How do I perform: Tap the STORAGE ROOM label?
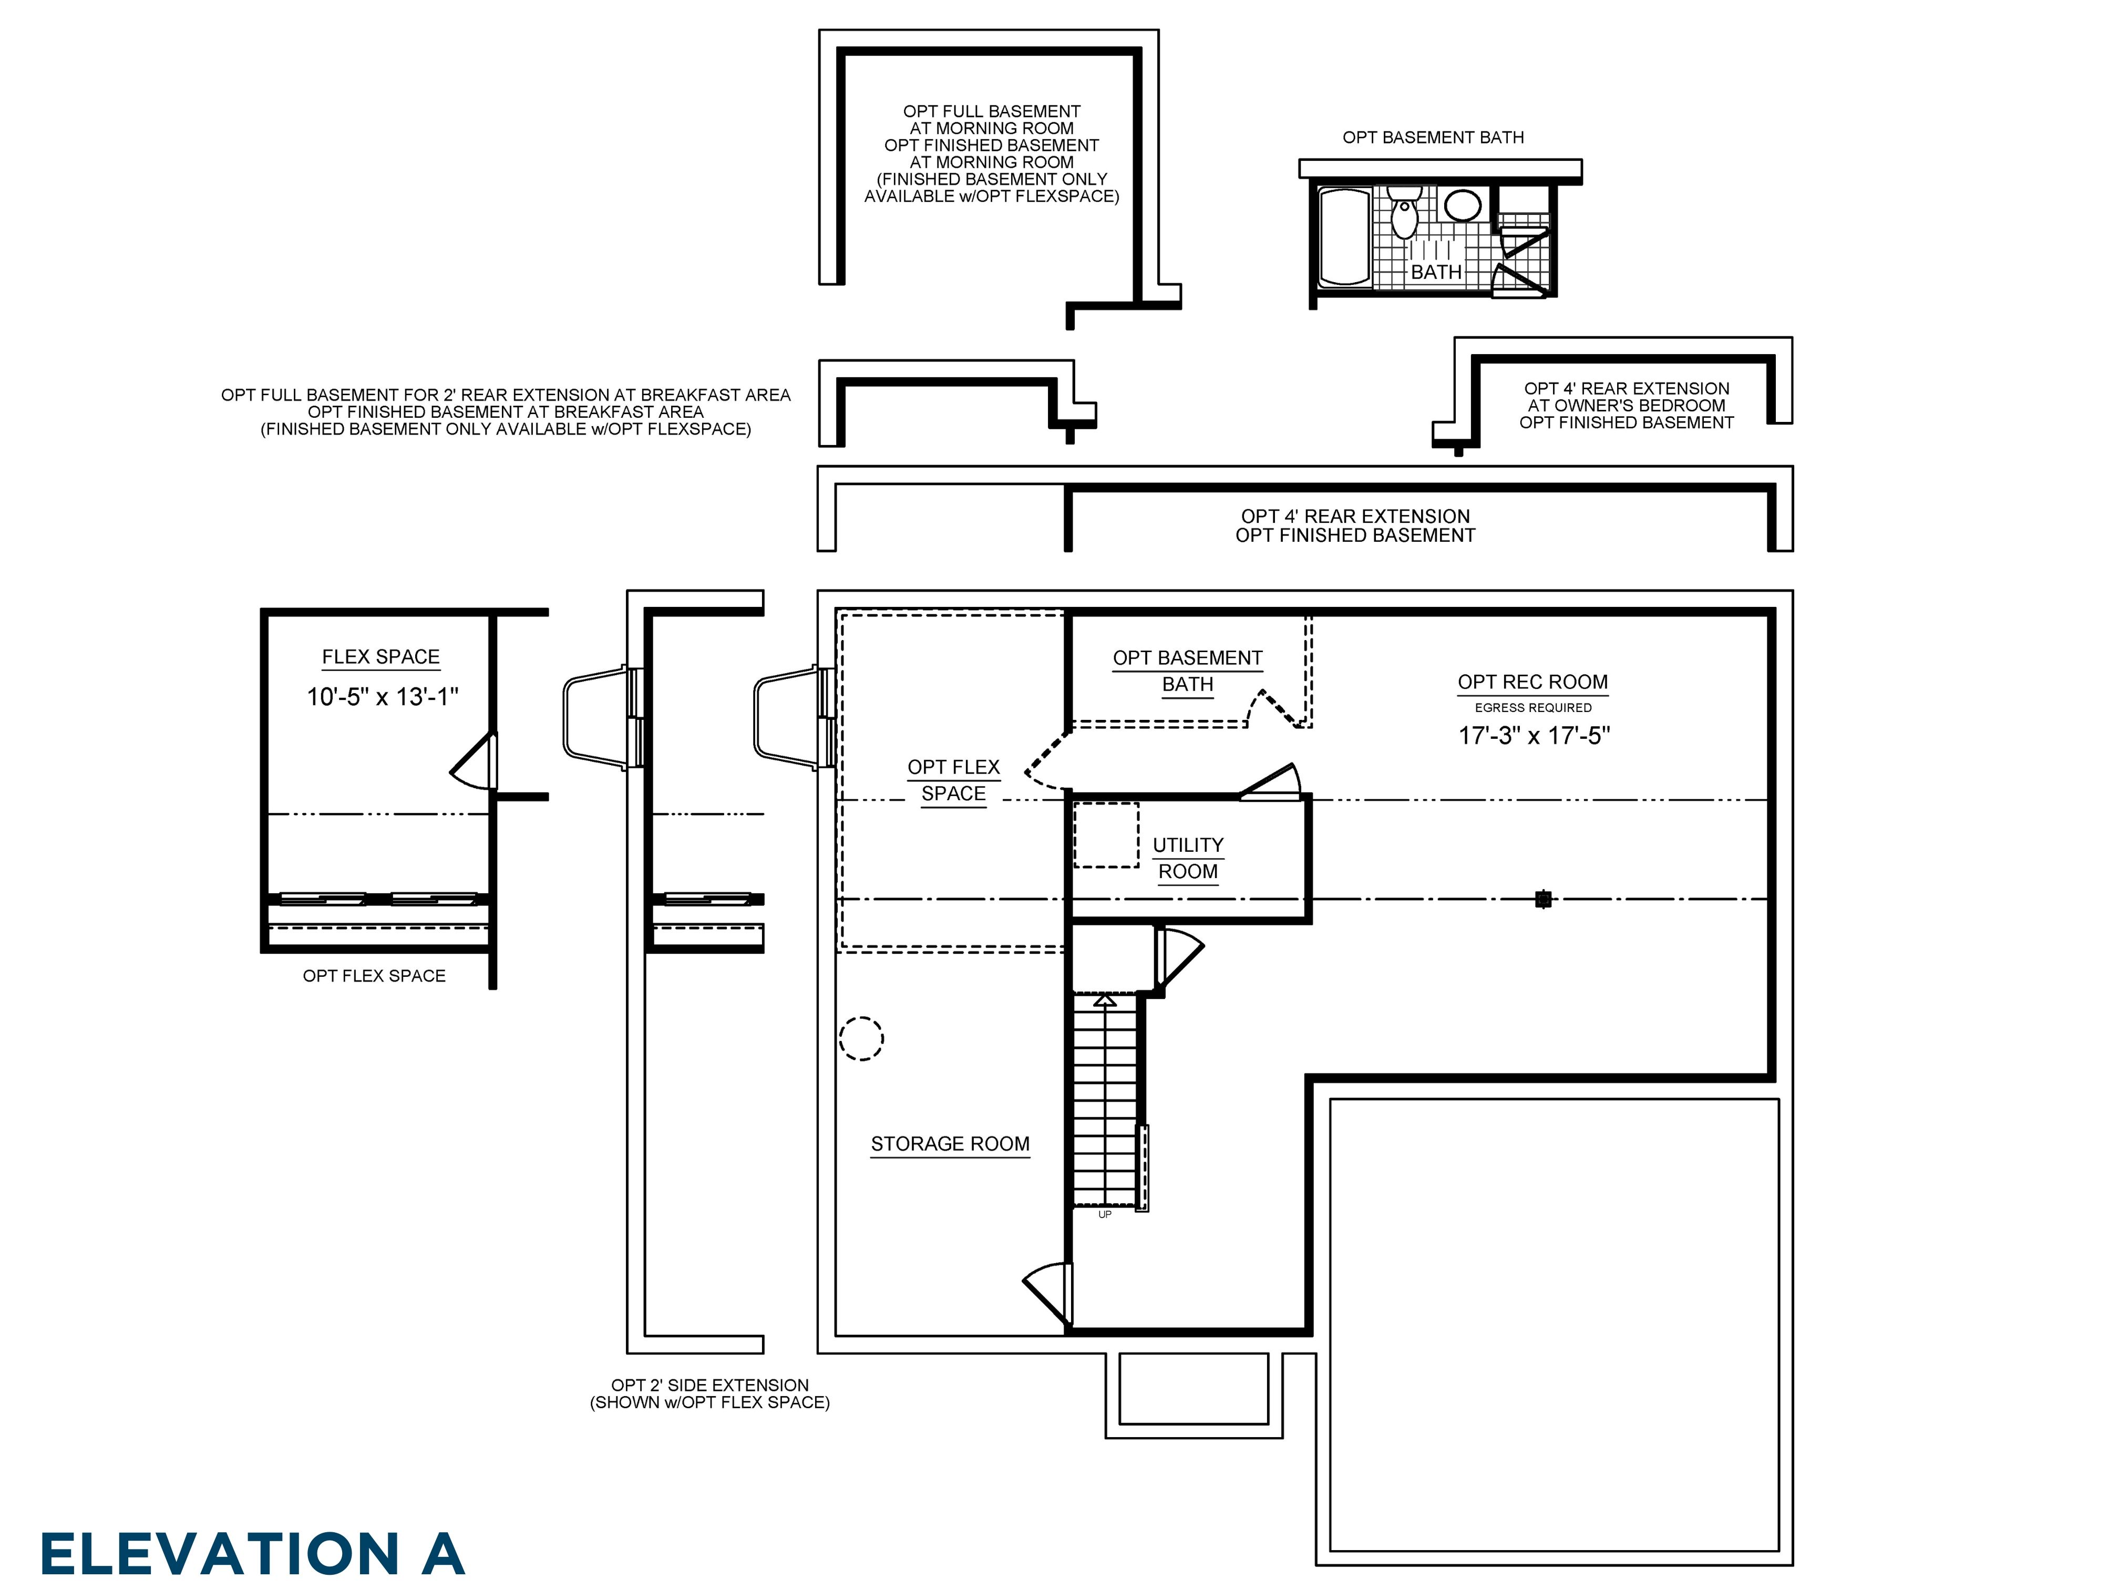click(949, 1143)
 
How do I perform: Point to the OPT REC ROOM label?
click(1532, 682)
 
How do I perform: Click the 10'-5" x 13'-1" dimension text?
click(382, 696)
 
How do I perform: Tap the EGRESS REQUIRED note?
click(1532, 708)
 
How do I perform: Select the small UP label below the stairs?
click(1105, 1214)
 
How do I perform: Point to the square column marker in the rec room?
click(1542, 899)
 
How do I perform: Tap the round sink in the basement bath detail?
click(1462, 205)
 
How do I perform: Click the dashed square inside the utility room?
click(1105, 835)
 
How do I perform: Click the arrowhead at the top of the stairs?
click(1105, 1000)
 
